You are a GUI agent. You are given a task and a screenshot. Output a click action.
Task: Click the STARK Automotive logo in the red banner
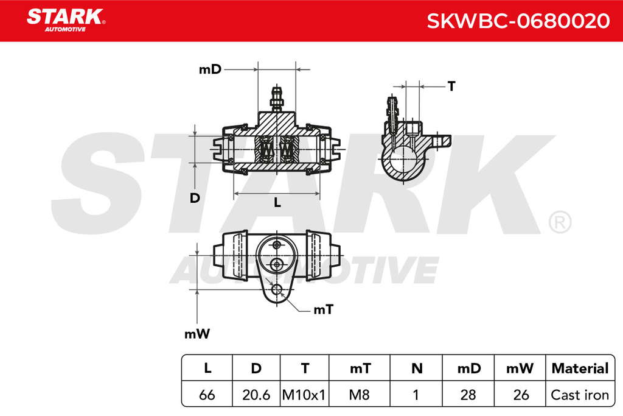(66, 20)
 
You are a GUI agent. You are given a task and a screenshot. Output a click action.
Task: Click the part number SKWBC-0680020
(518, 21)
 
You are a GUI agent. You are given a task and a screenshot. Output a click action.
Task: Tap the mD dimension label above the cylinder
(210, 69)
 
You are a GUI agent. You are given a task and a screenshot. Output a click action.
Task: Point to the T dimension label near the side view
(451, 86)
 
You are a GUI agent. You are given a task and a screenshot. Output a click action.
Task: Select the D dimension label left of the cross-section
(195, 198)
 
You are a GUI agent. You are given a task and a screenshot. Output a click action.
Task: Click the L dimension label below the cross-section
(277, 202)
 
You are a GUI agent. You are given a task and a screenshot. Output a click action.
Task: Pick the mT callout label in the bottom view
(324, 309)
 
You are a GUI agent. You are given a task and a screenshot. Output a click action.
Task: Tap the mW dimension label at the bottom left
(197, 334)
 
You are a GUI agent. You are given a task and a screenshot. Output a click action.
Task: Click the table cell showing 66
(207, 395)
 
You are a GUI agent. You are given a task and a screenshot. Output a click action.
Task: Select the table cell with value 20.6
(256, 395)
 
